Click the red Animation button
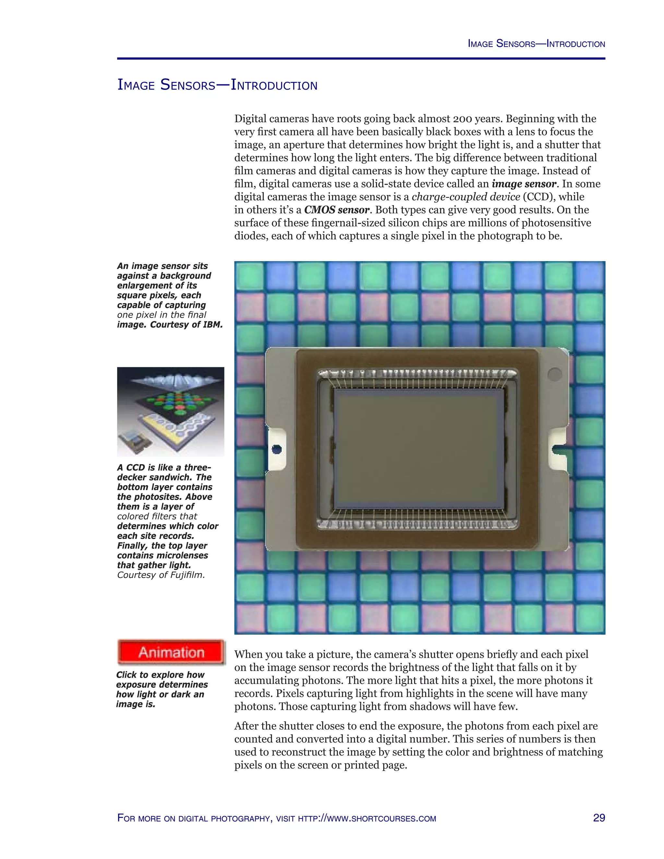point(171,652)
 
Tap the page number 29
point(599,818)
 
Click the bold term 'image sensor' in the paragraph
point(524,184)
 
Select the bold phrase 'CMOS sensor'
point(337,210)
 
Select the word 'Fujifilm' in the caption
point(186,575)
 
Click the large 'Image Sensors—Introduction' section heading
point(217,85)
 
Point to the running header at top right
point(536,44)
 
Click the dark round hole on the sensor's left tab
point(277,449)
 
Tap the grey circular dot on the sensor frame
point(554,374)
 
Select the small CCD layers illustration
point(171,411)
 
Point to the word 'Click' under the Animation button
point(126,675)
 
